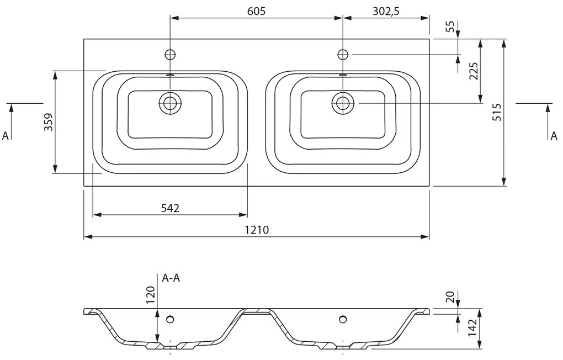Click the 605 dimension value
click(x=256, y=12)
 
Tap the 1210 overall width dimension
click(x=255, y=230)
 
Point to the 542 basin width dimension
click(x=170, y=208)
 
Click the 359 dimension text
click(x=48, y=121)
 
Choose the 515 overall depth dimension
click(x=497, y=112)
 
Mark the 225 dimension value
click(x=474, y=71)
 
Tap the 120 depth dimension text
click(x=150, y=295)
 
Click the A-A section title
click(x=171, y=278)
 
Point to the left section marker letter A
click(x=6, y=136)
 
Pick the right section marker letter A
click(x=554, y=136)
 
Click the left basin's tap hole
click(x=170, y=54)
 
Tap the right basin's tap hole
click(x=343, y=54)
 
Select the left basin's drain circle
click(x=170, y=103)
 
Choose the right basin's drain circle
click(x=343, y=103)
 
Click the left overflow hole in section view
click(x=170, y=318)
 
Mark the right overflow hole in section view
click(x=343, y=318)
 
